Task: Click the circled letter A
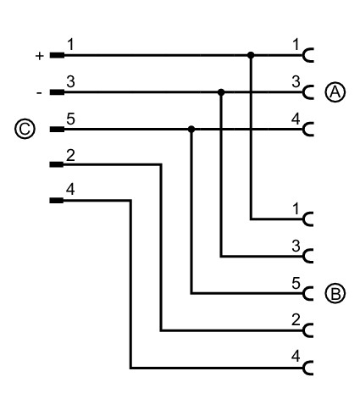[x=335, y=92]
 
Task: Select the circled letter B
[x=335, y=294]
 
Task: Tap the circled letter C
[x=25, y=129]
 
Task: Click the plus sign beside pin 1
[x=40, y=56]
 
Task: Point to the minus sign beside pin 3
[x=39, y=93]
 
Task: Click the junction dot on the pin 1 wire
[x=251, y=55]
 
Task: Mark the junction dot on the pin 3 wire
[x=221, y=92]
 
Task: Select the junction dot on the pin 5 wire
[x=191, y=129]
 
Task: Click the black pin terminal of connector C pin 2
[x=57, y=164]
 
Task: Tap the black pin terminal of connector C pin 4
[x=57, y=201]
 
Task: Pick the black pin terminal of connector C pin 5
[x=57, y=130]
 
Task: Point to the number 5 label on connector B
[x=296, y=283]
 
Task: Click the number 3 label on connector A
[x=296, y=82]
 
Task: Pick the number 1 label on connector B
[x=296, y=209]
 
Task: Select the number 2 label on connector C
[x=70, y=156]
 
